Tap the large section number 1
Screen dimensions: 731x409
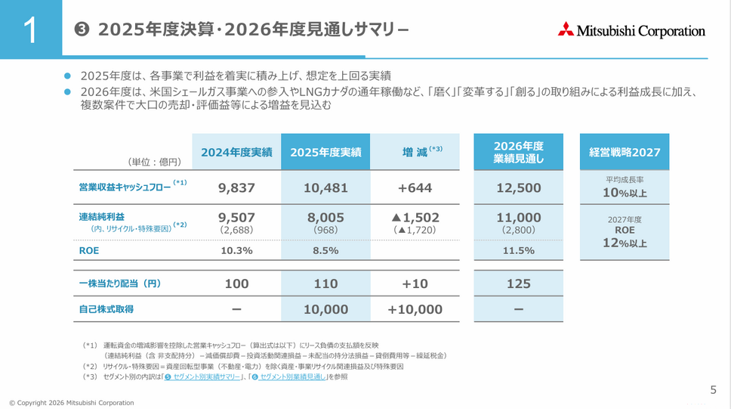pos(30,30)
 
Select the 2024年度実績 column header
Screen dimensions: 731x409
pos(236,152)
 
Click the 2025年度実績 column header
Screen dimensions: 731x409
pos(325,152)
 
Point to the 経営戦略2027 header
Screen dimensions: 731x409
pos(625,152)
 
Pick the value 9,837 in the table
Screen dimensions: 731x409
pos(236,187)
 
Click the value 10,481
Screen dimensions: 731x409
pos(325,187)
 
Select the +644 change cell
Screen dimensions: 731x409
pos(415,187)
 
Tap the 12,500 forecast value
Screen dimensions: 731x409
pos(518,187)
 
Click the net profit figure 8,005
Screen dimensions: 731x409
pos(325,218)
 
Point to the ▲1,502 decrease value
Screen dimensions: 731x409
pos(415,218)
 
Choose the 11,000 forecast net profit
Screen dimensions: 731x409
pos(518,218)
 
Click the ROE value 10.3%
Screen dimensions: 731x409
pos(236,251)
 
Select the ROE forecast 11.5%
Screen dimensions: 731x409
pos(518,251)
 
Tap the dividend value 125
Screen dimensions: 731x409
pos(518,284)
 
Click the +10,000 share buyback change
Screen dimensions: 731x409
pos(415,309)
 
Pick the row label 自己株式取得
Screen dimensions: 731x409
pos(106,309)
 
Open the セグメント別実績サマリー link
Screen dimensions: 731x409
pos(203,376)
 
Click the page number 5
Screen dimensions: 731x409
pos(713,390)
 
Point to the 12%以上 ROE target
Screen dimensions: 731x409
pos(625,243)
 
